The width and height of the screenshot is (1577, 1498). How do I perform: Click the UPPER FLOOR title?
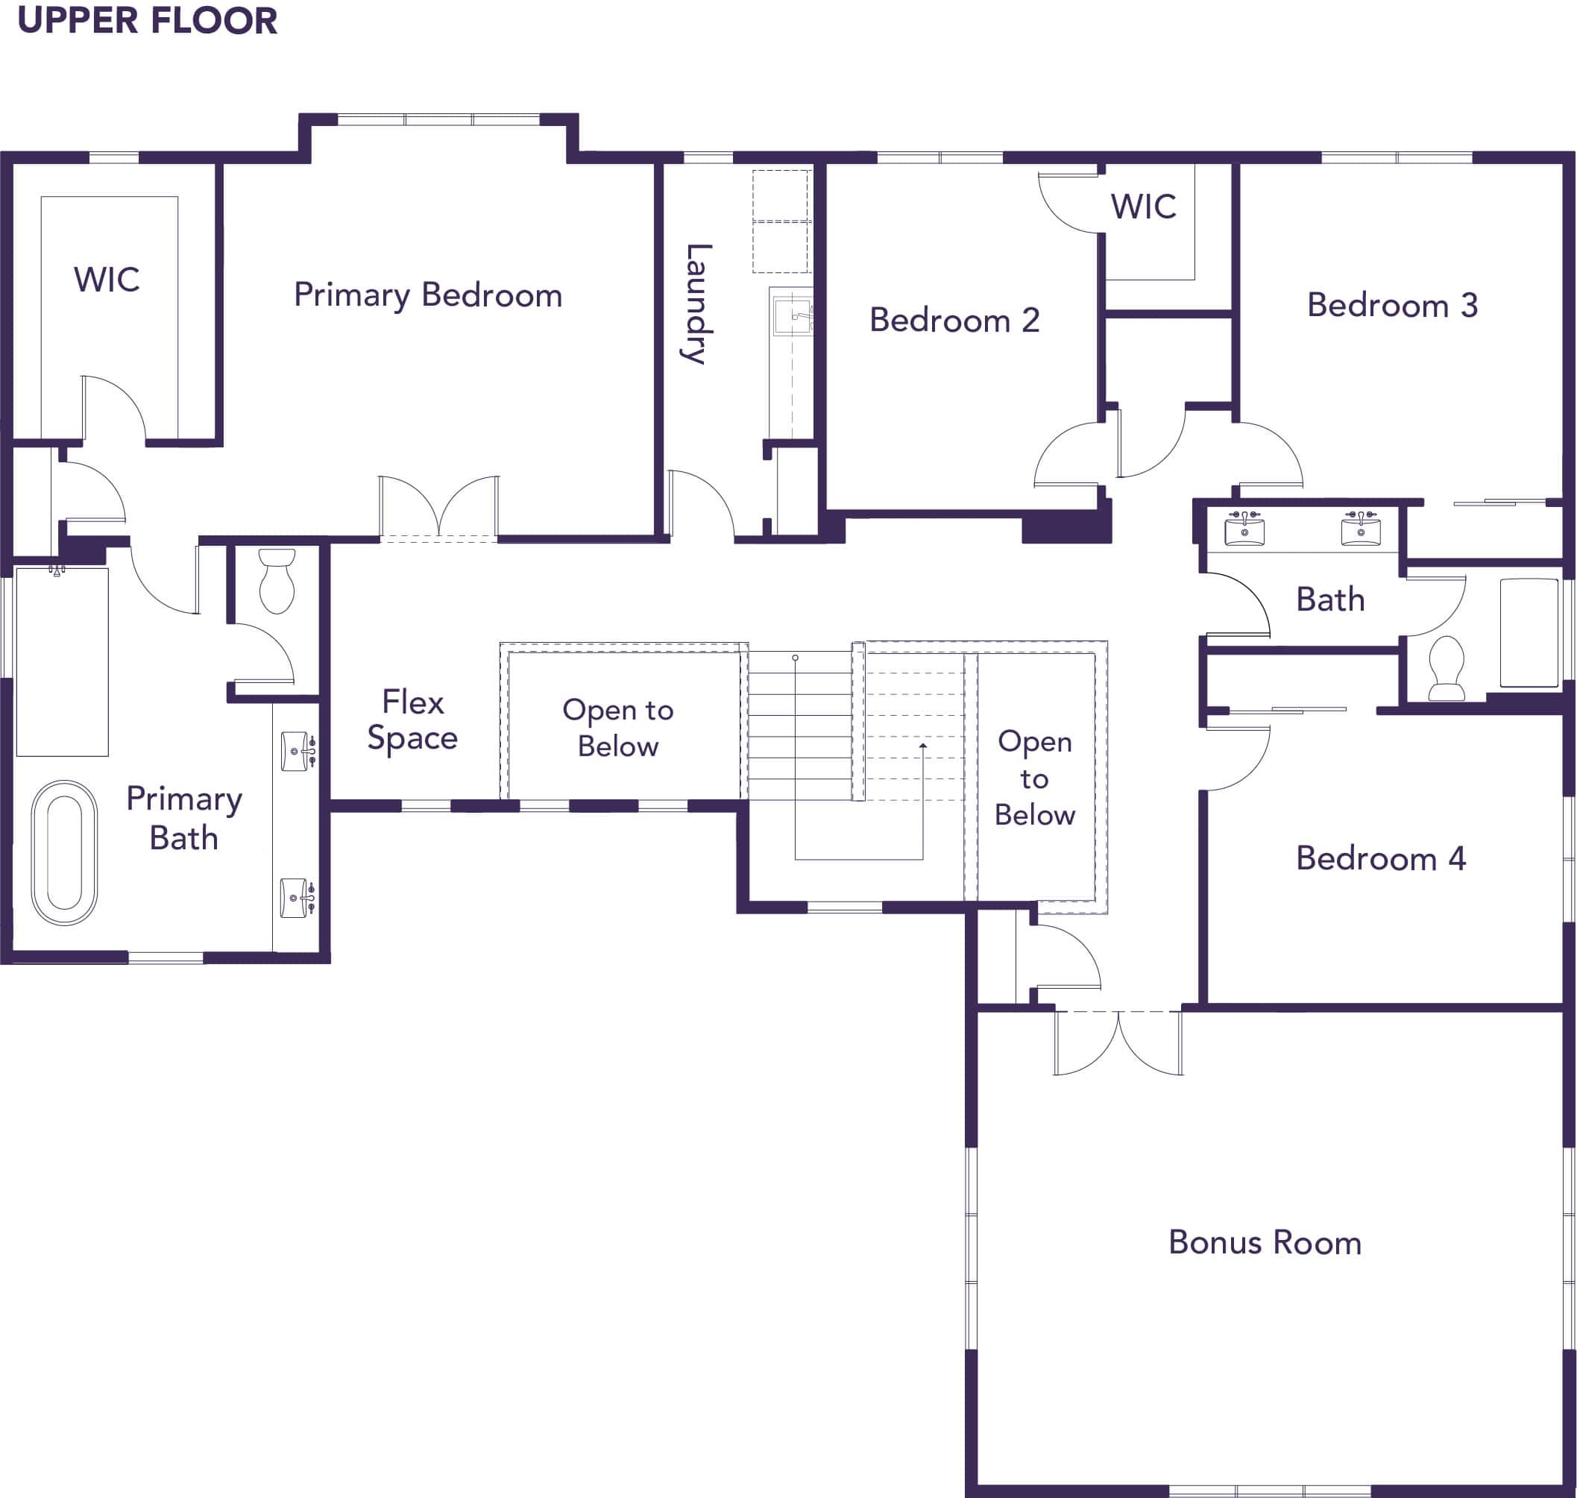[x=148, y=20]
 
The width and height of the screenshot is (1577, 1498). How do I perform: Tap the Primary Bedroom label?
[x=428, y=295]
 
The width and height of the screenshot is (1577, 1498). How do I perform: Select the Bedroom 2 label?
[x=954, y=320]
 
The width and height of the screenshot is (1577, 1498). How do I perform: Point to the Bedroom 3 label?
[x=1392, y=305]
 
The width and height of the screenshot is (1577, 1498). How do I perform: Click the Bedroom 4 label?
[x=1381, y=858]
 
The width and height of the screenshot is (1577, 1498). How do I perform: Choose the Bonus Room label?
[x=1265, y=1242]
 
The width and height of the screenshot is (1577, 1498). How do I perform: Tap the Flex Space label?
[x=413, y=720]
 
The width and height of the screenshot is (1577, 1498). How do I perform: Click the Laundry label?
[x=697, y=304]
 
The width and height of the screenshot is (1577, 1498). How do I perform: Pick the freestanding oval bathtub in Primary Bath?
[x=65, y=853]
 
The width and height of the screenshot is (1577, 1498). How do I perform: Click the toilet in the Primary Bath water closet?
[x=277, y=581]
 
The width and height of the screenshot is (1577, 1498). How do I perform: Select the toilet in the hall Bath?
[x=1446, y=667]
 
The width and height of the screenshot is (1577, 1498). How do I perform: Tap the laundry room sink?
[x=792, y=315]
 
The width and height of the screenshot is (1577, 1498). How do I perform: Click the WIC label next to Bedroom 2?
[x=1144, y=207]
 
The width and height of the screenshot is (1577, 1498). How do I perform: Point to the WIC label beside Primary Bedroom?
[x=107, y=280]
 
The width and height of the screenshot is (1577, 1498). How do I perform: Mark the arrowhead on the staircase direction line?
[x=923, y=746]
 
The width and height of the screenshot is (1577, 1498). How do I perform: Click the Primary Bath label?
[x=184, y=819]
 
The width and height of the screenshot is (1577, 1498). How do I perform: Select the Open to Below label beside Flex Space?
[x=618, y=728]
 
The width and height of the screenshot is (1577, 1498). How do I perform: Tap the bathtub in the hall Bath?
[x=1529, y=633]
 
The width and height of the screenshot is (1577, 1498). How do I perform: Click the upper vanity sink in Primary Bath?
[x=297, y=752]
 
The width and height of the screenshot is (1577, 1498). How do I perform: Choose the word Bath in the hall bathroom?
[x=1330, y=599]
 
